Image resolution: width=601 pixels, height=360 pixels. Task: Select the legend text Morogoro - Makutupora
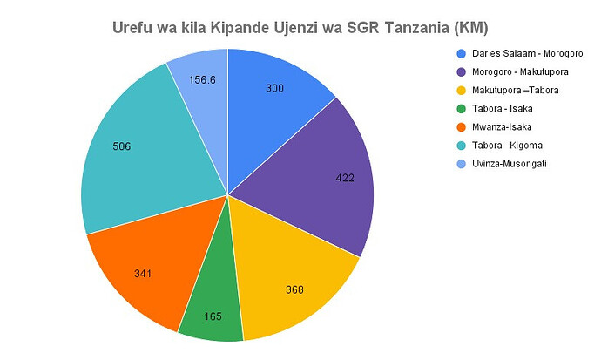click(509, 72)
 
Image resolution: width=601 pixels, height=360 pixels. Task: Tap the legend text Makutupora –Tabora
click(505, 91)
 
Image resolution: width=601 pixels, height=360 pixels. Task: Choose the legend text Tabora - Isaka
click(490, 108)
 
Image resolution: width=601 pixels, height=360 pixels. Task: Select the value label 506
click(122, 146)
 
